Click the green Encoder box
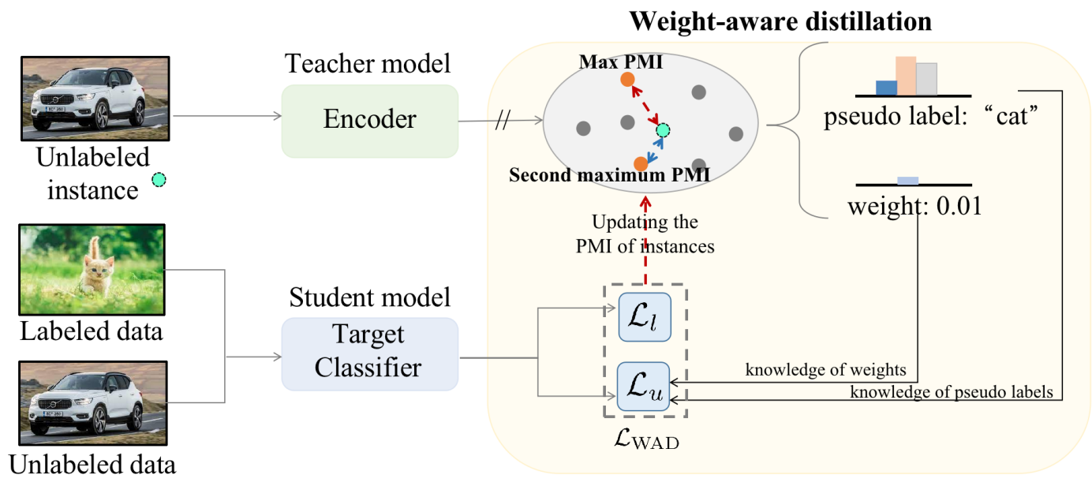click(x=369, y=120)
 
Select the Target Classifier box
click(x=369, y=353)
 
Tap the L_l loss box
click(x=644, y=316)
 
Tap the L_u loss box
click(x=644, y=387)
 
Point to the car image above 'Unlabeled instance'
click(x=95, y=98)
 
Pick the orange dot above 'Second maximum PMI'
click(x=641, y=164)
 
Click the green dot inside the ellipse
click(x=662, y=129)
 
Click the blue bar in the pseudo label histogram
click(x=886, y=88)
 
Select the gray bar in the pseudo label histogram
click(x=926, y=79)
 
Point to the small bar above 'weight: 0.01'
click(x=907, y=180)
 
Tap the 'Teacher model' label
click(x=368, y=63)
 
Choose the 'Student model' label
click(x=369, y=297)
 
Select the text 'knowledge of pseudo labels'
click(x=952, y=392)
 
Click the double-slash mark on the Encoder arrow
click(x=502, y=122)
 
